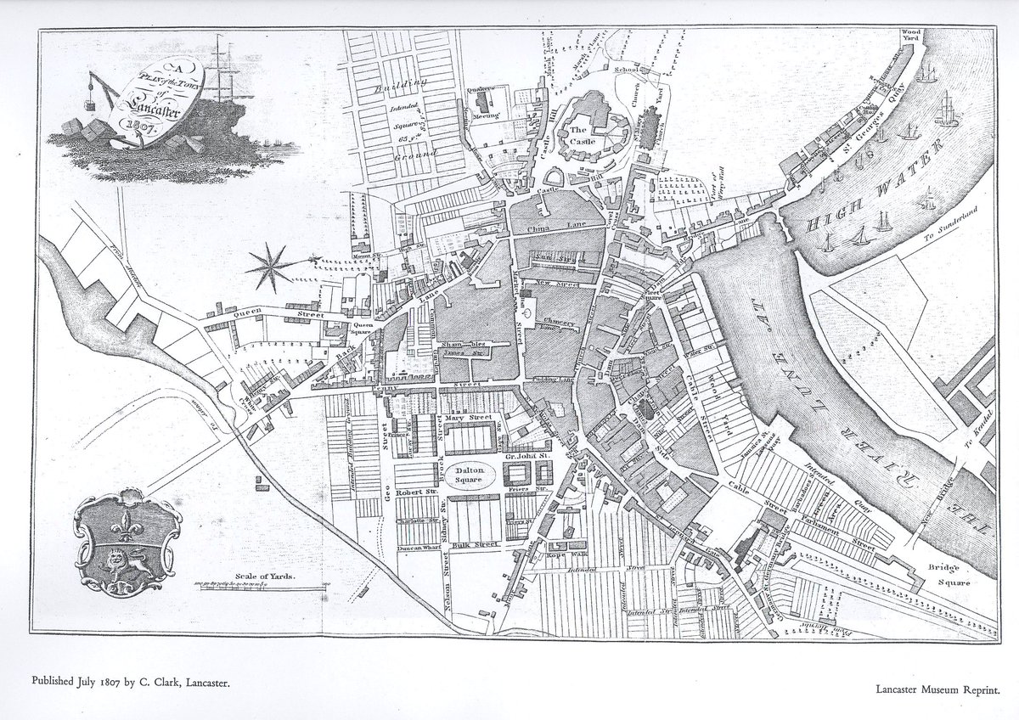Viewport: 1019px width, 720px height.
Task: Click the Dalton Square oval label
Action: tap(468, 475)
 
